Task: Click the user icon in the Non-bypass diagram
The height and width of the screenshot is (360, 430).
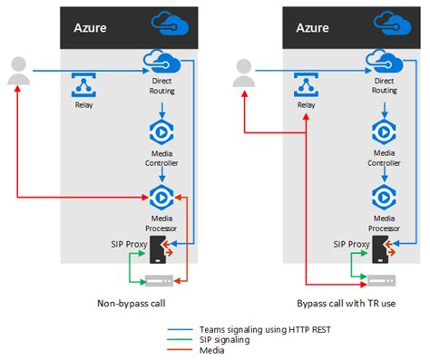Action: click(x=17, y=72)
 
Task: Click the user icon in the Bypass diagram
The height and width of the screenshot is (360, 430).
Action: click(x=241, y=72)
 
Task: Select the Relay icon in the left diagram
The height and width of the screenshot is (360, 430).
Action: click(x=83, y=84)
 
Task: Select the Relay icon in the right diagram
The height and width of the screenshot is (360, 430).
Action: click(x=307, y=84)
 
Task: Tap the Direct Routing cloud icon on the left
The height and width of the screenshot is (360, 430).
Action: click(x=160, y=63)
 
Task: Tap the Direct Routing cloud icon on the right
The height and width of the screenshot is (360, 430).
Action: click(x=384, y=63)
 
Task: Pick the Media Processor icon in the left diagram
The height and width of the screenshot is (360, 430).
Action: click(x=160, y=196)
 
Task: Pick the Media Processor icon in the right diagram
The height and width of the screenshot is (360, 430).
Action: click(x=384, y=196)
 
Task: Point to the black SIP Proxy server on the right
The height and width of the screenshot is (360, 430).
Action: click(x=384, y=245)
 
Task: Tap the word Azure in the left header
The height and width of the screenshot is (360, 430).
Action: click(x=89, y=28)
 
